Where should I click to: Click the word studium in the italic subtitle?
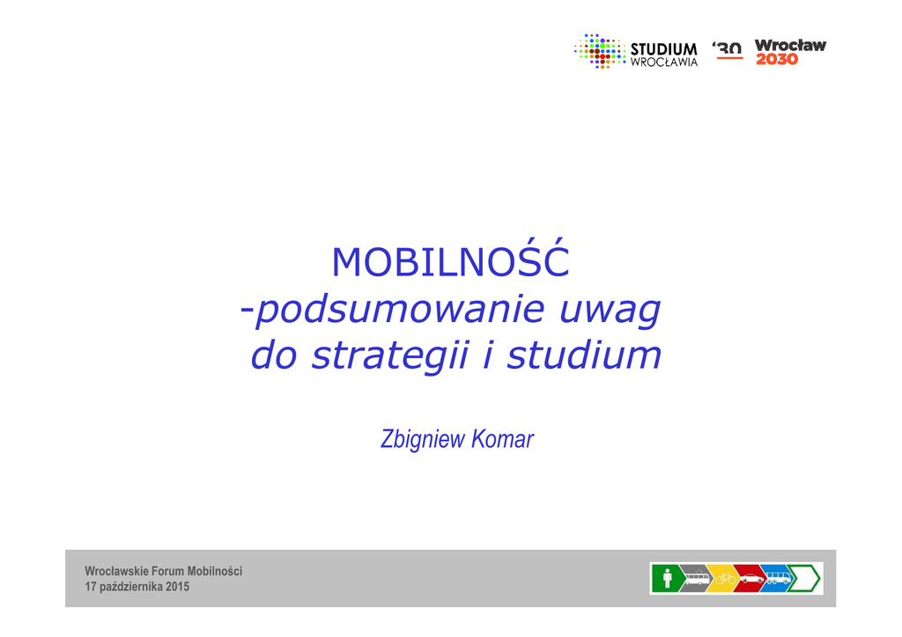[x=584, y=355]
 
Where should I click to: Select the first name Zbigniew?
[x=423, y=439]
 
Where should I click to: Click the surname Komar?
[x=502, y=439]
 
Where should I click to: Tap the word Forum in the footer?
[x=168, y=571]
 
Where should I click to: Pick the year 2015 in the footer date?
[x=177, y=587]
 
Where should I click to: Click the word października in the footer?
[x=132, y=587]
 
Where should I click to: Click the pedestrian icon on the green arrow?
[x=668, y=578]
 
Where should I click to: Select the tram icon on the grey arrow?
[x=697, y=578]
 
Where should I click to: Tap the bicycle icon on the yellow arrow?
[x=726, y=578]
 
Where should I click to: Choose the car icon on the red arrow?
[x=752, y=578]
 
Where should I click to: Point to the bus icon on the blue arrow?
[x=779, y=577]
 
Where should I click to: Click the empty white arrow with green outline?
[x=804, y=578]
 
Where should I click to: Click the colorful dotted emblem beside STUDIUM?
[x=600, y=52]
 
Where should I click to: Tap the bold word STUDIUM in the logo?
[x=664, y=49]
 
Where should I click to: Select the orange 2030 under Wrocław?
[x=777, y=59]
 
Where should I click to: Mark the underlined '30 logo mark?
[x=728, y=49]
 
